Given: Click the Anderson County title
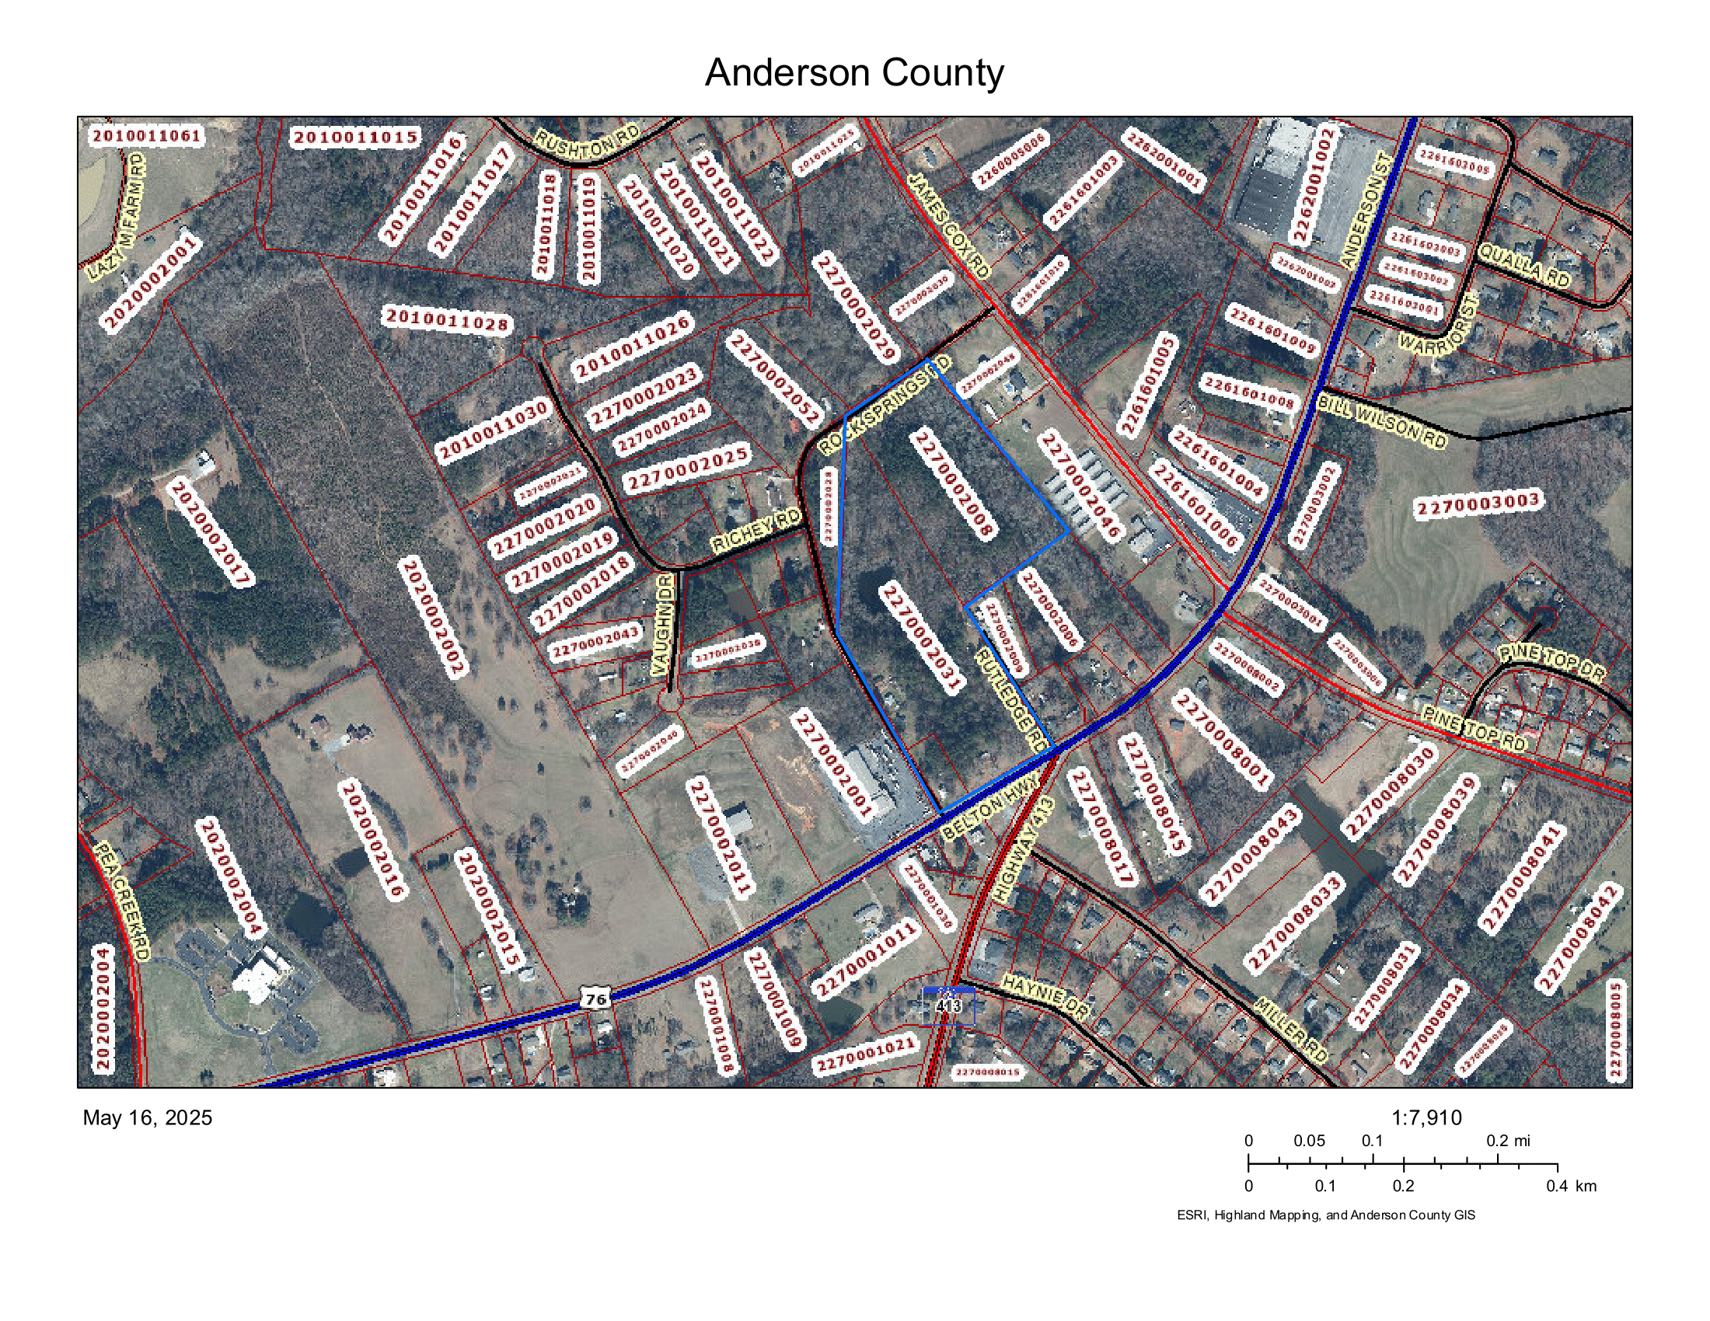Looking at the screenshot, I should click(x=853, y=73).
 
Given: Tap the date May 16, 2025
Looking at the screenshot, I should click(x=147, y=1117).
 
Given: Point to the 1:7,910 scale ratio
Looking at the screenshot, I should click(x=1426, y=1117).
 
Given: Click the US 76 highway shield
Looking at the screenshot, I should click(x=595, y=999).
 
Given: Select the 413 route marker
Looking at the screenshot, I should click(x=948, y=1005).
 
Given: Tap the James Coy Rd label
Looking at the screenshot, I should click(x=949, y=225).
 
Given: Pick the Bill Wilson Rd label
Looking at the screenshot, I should click(x=1381, y=422).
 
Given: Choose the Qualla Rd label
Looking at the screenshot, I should click(x=1523, y=265).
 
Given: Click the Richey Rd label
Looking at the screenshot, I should click(x=756, y=531).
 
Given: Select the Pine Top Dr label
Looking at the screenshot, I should click(x=1551, y=662).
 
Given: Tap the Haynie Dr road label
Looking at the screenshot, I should click(x=1045, y=997).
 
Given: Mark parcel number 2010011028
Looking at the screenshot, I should click(x=447, y=319).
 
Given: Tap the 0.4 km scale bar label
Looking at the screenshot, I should click(x=1571, y=1186).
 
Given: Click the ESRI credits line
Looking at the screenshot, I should click(x=1325, y=1215).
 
